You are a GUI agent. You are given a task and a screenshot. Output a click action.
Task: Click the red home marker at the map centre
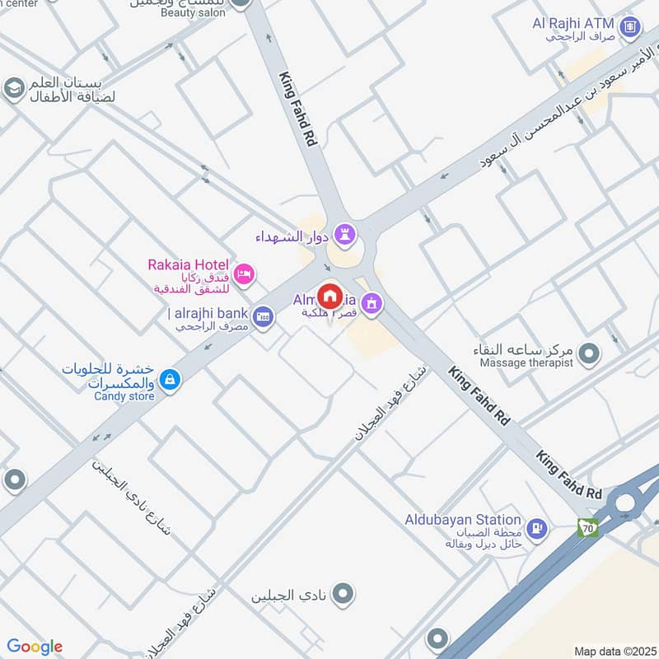point(330,297)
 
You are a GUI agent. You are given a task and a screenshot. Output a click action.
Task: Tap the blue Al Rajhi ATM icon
point(631,27)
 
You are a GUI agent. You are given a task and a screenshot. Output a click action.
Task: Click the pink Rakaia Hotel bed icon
point(244,274)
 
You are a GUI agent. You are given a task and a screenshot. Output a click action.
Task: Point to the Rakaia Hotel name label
point(188,265)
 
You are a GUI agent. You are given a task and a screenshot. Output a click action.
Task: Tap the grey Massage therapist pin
point(589,355)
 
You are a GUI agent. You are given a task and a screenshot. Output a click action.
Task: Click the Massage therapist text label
point(523,363)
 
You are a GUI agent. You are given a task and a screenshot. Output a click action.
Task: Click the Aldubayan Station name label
point(463,520)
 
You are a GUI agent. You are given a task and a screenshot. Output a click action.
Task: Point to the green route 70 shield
point(587,528)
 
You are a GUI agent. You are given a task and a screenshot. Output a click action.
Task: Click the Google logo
point(34,647)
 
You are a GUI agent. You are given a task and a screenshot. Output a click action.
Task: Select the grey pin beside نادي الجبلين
point(344,592)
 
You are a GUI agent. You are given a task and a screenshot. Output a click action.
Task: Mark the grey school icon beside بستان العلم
point(14,88)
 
